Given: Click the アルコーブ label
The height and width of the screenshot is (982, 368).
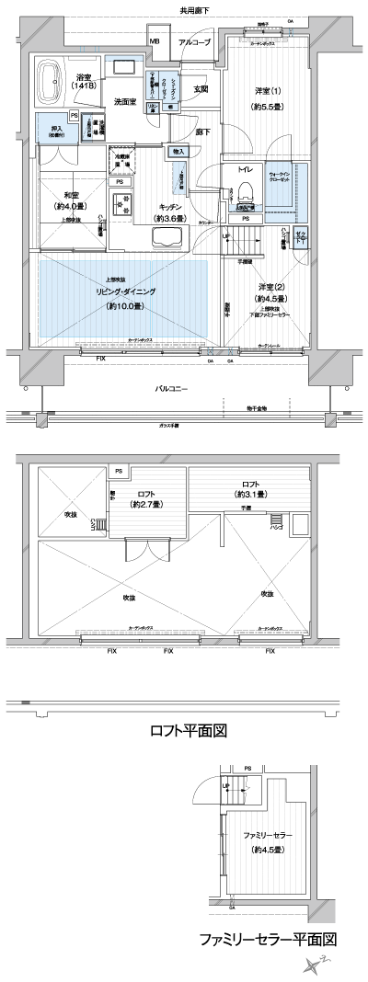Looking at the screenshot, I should [194, 42].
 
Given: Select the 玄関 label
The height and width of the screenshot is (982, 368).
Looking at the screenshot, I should [201, 88].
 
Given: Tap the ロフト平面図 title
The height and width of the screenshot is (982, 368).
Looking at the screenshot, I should [188, 731].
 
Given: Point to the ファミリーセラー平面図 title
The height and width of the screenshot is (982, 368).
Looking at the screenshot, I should [267, 941].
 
